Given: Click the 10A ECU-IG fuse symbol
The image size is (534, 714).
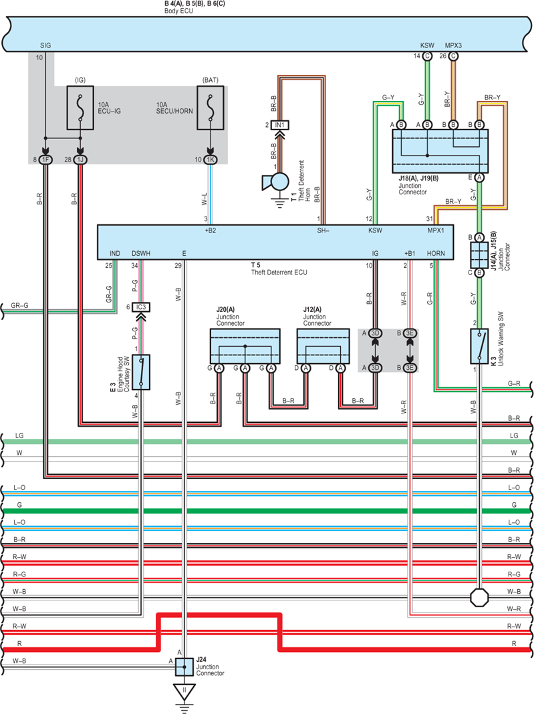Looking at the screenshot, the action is (80, 108).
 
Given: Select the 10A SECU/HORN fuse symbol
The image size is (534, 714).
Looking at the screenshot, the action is (210, 108).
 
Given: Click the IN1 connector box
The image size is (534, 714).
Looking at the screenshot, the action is (279, 125).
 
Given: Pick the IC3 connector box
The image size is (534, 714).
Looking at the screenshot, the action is (141, 307).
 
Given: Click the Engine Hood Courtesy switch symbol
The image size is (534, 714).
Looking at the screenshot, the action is (141, 373).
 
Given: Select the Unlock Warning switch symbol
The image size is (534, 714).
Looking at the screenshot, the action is (479, 346).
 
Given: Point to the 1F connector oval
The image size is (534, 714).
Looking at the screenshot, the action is (45, 160).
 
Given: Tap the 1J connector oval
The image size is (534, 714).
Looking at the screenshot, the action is (80, 160).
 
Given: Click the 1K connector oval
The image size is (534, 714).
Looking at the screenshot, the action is (210, 160).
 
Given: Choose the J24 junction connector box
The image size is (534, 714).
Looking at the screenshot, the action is (184, 667).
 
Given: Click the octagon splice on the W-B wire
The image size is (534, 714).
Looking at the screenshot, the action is (479, 597).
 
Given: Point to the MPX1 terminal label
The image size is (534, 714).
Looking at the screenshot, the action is (436, 230).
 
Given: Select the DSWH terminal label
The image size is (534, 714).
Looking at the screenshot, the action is (141, 253).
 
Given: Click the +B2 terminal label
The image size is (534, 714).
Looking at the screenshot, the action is (211, 230).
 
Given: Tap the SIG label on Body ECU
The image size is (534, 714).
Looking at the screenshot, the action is (45, 45).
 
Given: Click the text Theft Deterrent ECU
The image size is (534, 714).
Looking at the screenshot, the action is (279, 273).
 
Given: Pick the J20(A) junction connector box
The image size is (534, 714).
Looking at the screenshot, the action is (245, 346).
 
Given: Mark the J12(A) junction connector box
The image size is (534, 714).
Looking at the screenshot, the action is (323, 346).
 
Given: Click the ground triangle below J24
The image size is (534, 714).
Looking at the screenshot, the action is (184, 692).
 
